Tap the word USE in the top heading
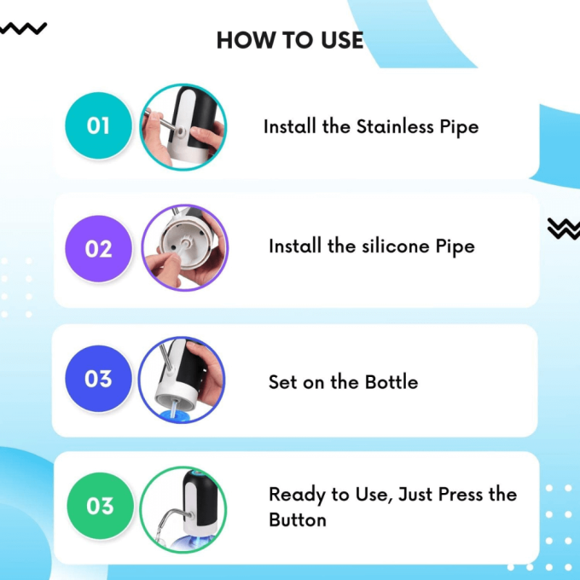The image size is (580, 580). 342,40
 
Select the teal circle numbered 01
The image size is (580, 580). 98,125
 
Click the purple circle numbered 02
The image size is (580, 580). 98,248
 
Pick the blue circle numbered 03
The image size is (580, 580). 98,379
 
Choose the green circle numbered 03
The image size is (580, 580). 101,506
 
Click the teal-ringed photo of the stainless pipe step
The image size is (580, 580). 183,127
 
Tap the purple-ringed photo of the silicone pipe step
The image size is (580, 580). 185,248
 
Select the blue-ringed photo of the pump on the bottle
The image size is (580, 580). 182,380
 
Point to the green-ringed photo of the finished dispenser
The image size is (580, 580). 183,510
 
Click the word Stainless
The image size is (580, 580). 395,126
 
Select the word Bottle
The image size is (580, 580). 391,382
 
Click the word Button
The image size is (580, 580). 298,519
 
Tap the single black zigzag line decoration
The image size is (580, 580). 23,29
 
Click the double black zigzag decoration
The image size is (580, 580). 564,229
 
